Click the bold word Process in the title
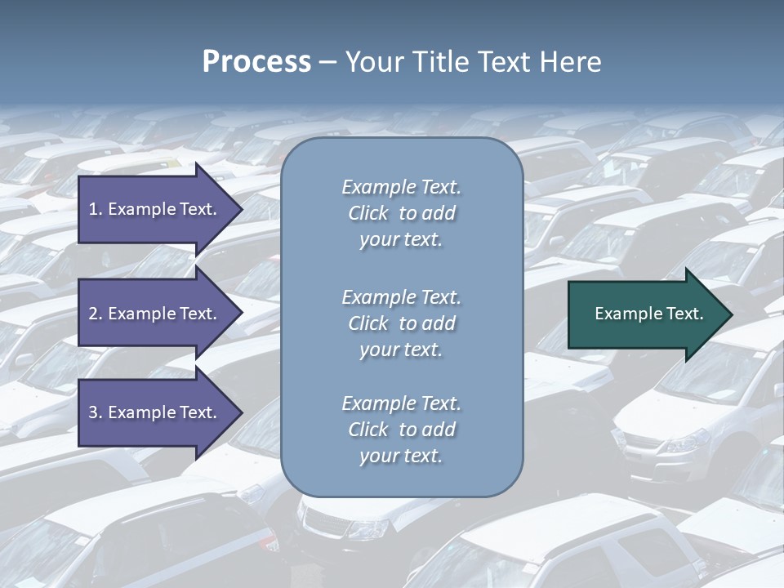tap(256, 62)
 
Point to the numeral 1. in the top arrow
tap(96, 209)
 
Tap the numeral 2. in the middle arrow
tap(96, 314)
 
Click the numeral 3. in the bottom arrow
tap(96, 412)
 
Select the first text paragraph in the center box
tap(401, 213)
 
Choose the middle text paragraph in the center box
tap(401, 323)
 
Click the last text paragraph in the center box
tap(401, 430)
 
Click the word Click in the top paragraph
tap(368, 214)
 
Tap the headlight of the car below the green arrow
tap(684, 443)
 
